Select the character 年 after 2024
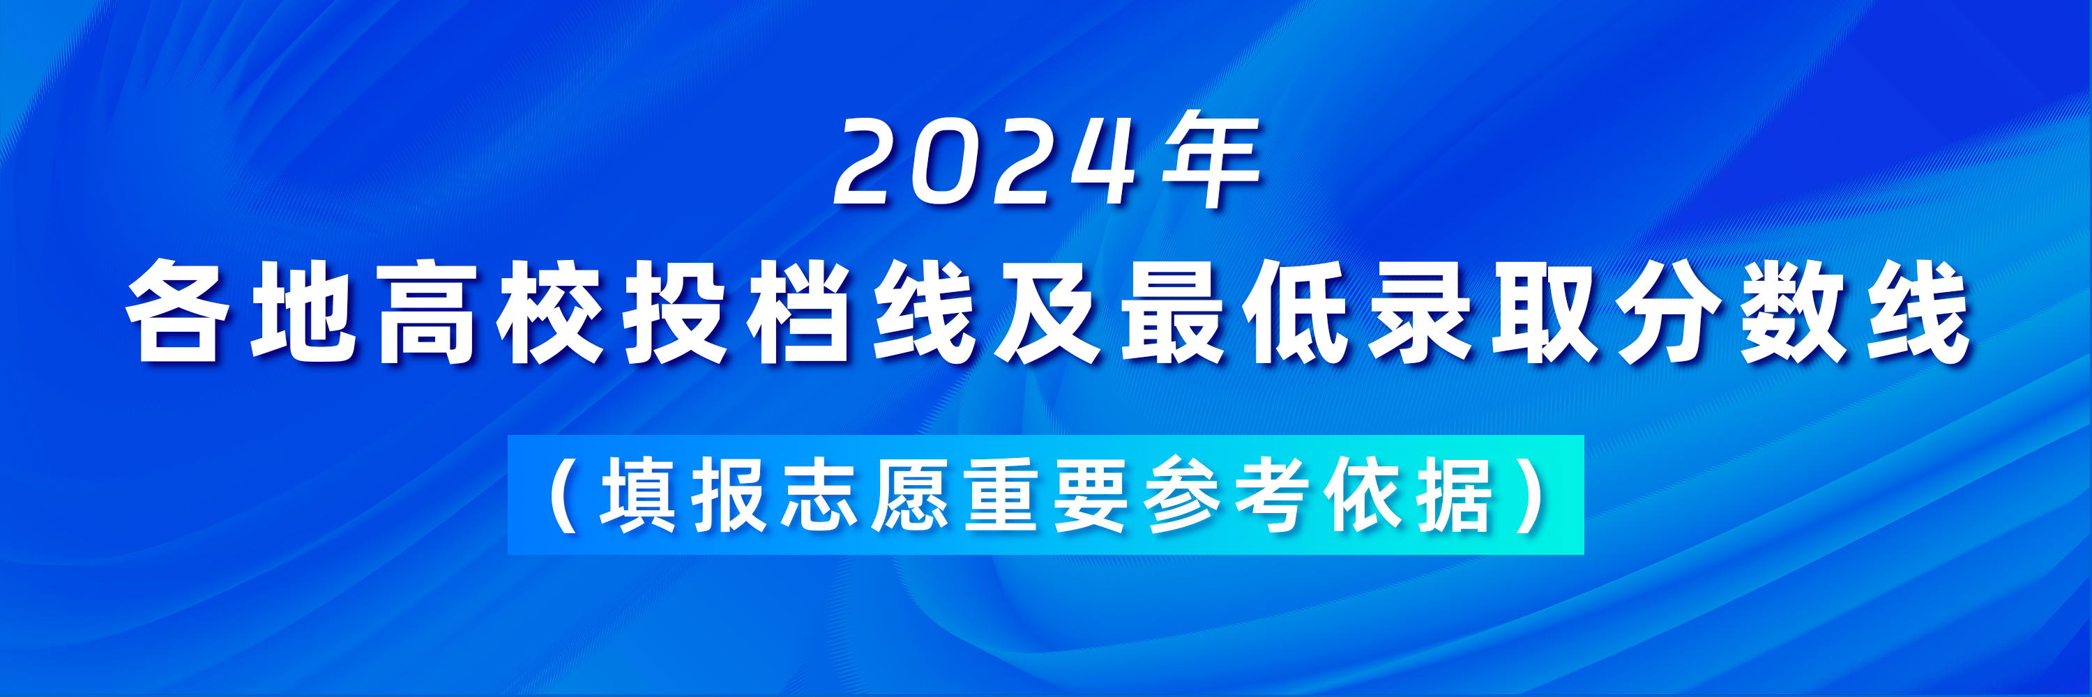[1211, 160]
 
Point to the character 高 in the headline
[427, 311]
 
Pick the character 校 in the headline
[552, 311]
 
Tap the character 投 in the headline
[676, 311]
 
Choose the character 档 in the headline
[801, 311]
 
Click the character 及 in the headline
[1048, 311]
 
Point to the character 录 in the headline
[1421, 311]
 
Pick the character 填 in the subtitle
[637, 494]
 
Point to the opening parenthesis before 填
[564, 495]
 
